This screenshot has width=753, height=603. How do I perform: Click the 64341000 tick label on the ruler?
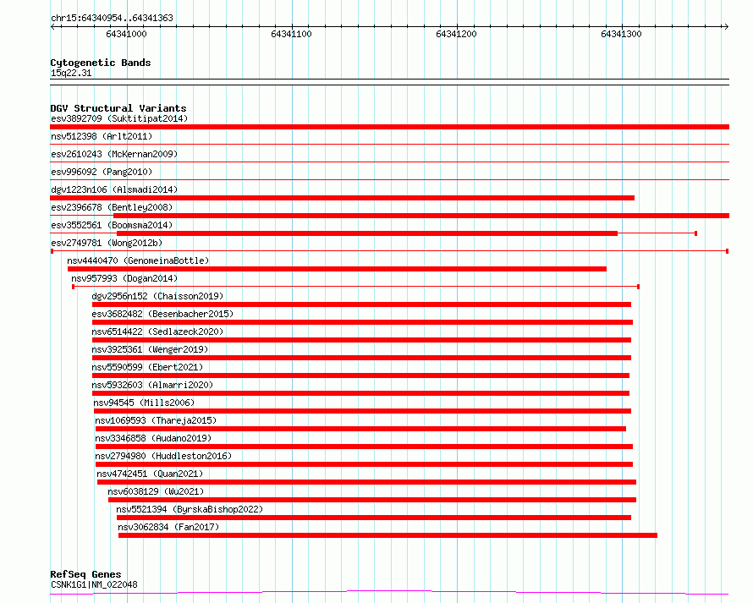[126, 34]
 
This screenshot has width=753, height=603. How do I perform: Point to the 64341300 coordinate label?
[621, 34]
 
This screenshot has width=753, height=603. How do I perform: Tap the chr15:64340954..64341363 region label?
[113, 18]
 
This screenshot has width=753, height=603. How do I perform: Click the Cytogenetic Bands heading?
[100, 63]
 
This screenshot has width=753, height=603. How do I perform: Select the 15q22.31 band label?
[71, 73]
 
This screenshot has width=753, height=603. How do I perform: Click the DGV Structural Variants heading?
[118, 108]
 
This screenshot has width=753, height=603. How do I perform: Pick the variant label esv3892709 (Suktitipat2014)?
[118, 118]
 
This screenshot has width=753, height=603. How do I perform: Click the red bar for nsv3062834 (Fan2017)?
[387, 535]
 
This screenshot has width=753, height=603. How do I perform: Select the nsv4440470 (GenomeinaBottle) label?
[138, 260]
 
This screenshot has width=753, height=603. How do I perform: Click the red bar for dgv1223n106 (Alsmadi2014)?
[342, 198]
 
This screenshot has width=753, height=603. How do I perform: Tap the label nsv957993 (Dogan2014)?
[124, 278]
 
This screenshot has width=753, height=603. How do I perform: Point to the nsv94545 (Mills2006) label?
[141, 403]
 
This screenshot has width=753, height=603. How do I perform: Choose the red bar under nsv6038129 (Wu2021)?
[371, 500]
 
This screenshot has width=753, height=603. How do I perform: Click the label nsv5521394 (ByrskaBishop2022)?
[190, 509]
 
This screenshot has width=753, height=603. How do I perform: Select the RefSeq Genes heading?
[85, 575]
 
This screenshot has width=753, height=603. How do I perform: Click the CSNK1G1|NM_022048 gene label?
[94, 584]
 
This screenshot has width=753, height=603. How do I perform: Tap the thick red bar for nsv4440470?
[337, 269]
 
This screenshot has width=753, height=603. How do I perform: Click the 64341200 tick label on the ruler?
[456, 34]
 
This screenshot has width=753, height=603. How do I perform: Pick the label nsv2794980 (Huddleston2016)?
[162, 456]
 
